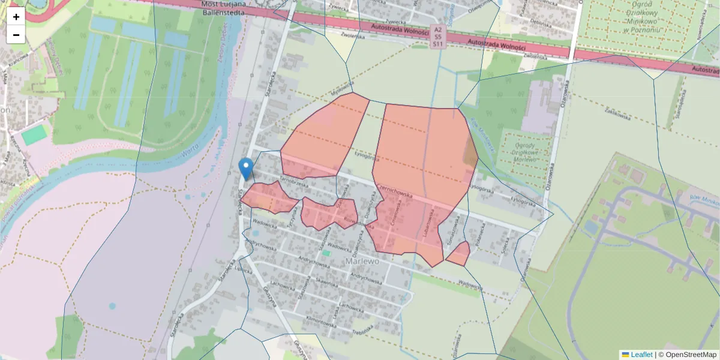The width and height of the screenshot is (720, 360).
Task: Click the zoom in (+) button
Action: tap(16, 17)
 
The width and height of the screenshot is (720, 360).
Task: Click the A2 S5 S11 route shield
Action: tap(438, 37)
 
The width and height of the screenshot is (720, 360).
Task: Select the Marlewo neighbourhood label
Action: tap(363, 262)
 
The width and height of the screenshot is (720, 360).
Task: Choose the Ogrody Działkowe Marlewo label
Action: tap(526, 151)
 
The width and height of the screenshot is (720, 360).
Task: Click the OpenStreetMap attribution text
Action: tap(691, 355)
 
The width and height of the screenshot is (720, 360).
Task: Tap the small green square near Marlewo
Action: tap(326, 253)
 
